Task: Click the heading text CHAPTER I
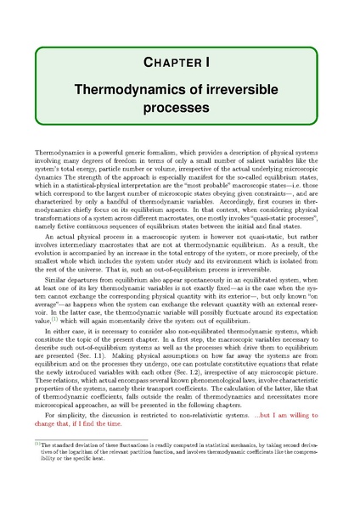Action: coord(179,63)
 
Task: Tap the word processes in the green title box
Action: coord(179,109)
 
